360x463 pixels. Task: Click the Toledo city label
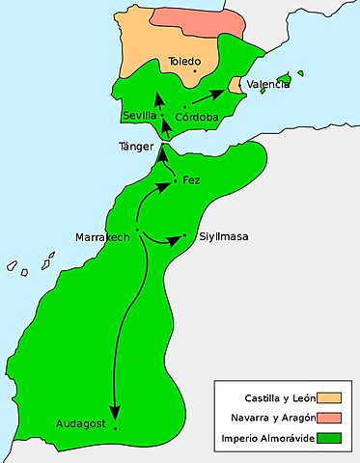(185, 61)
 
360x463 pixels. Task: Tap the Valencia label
(267, 85)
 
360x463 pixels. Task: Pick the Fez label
(190, 180)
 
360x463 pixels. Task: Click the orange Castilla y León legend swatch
(328, 396)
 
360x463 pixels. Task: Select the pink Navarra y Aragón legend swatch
(328, 417)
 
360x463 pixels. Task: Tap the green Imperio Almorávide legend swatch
(328, 437)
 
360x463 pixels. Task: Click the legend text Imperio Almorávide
(263, 437)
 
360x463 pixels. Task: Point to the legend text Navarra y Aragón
(265, 417)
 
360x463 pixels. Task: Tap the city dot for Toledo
(195, 70)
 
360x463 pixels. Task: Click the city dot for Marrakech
(137, 230)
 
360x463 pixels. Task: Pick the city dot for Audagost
(115, 426)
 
